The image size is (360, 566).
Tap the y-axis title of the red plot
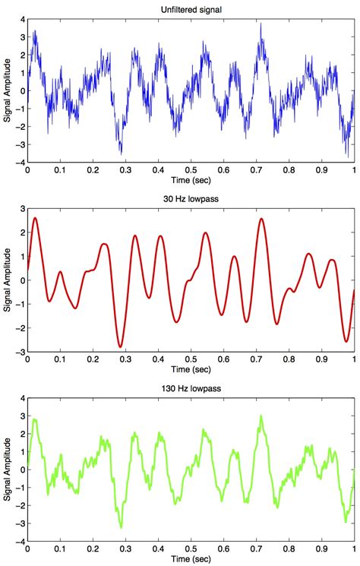(x=7, y=280)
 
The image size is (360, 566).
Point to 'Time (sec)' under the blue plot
(x=191, y=182)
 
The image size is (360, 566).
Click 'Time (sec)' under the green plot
(x=191, y=560)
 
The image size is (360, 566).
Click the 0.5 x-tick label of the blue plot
(x=191, y=171)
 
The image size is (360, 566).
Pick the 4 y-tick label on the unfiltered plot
(x=21, y=17)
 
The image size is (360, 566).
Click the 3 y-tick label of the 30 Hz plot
(x=21, y=207)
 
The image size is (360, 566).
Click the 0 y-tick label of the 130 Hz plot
(x=21, y=469)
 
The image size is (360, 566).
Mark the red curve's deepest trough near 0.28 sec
(x=120, y=347)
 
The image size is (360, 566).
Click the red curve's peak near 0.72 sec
(x=261, y=219)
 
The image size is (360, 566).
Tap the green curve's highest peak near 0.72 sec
(x=261, y=416)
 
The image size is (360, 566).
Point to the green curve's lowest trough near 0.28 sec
(x=120, y=527)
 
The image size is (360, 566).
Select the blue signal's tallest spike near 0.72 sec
(x=261, y=23)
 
